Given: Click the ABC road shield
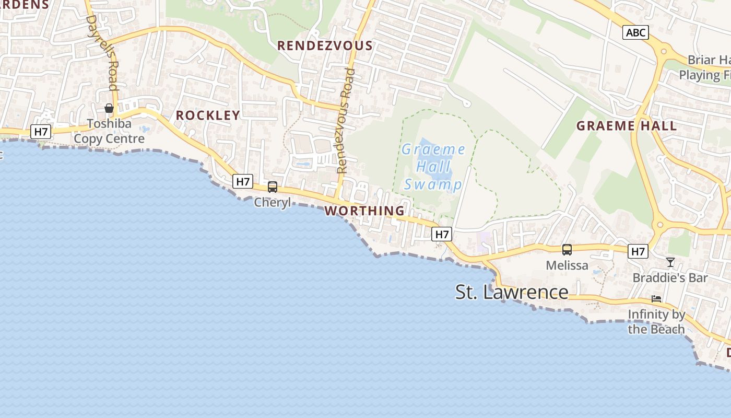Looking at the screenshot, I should coord(635,33).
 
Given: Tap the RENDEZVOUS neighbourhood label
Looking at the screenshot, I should coord(325,45).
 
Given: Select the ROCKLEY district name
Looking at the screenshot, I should coord(208,115).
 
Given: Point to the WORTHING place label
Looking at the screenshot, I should coord(364,211).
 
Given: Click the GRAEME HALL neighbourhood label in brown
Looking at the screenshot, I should coord(627,126).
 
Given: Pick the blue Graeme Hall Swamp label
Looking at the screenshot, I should coord(433,167).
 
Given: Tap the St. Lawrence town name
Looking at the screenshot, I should coord(512,292).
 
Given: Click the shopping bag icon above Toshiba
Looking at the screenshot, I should coord(109,108).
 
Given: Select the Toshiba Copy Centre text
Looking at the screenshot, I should coord(109,132).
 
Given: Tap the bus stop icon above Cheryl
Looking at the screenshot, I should coord(273,187).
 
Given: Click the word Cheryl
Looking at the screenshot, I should coord(273,202).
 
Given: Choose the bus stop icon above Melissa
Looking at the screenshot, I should coord(567,250).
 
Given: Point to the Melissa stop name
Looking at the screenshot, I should coord(567,265).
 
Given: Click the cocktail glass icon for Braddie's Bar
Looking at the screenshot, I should coord(670,262).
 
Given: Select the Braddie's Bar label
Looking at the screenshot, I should coord(670,277).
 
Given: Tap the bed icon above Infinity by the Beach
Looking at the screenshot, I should coord(656,299).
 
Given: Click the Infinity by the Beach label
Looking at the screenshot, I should coord(656,322).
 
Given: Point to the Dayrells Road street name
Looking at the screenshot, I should coord(103,52).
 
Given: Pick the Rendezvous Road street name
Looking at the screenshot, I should coord(346,120).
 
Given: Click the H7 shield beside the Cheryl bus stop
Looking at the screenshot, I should coord(243,181).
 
